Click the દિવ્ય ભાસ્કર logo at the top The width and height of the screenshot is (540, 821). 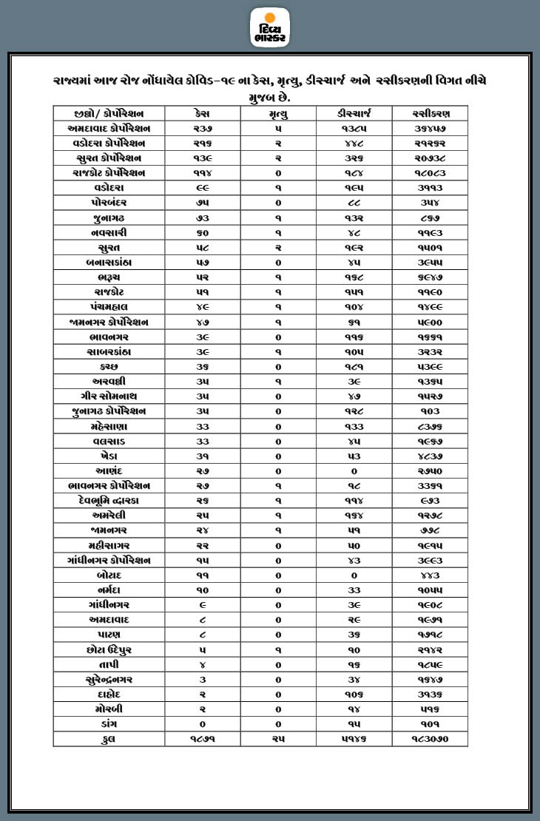pos(270,27)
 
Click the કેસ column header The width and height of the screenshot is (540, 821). pos(200,113)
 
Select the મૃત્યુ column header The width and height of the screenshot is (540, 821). pos(279,113)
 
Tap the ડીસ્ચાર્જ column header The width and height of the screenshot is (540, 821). pos(354,113)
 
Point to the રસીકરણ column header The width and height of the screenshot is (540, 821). pos(431,113)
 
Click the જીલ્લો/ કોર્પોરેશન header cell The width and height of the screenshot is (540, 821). pos(109,113)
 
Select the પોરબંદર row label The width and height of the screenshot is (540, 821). pos(109,202)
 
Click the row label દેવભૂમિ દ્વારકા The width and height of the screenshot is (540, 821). pos(109,501)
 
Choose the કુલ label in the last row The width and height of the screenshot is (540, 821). pos(109,739)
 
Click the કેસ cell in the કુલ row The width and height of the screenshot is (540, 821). pos(200,739)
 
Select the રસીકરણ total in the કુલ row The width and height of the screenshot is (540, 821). pos(431,739)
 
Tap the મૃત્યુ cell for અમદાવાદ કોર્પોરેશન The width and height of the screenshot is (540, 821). pos(279,128)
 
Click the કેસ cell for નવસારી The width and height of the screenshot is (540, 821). pos(200,232)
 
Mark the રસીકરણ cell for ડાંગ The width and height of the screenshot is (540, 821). pos(431,724)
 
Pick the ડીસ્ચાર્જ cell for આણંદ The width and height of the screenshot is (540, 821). pos(354,471)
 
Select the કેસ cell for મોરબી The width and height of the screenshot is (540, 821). pos(200,709)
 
